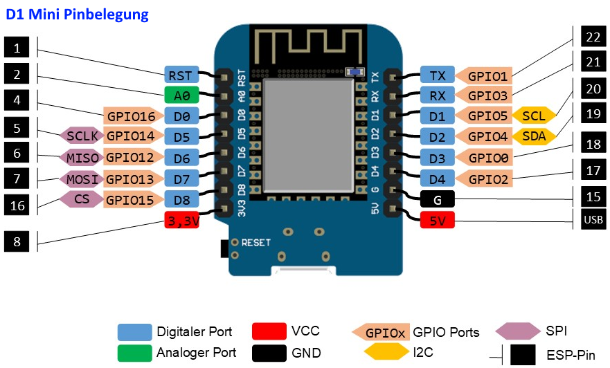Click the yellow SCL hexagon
pos(534,116)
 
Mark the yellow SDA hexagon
pos(534,136)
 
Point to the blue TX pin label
pos(438,75)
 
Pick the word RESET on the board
pos(255,243)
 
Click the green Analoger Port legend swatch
pos(134,353)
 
